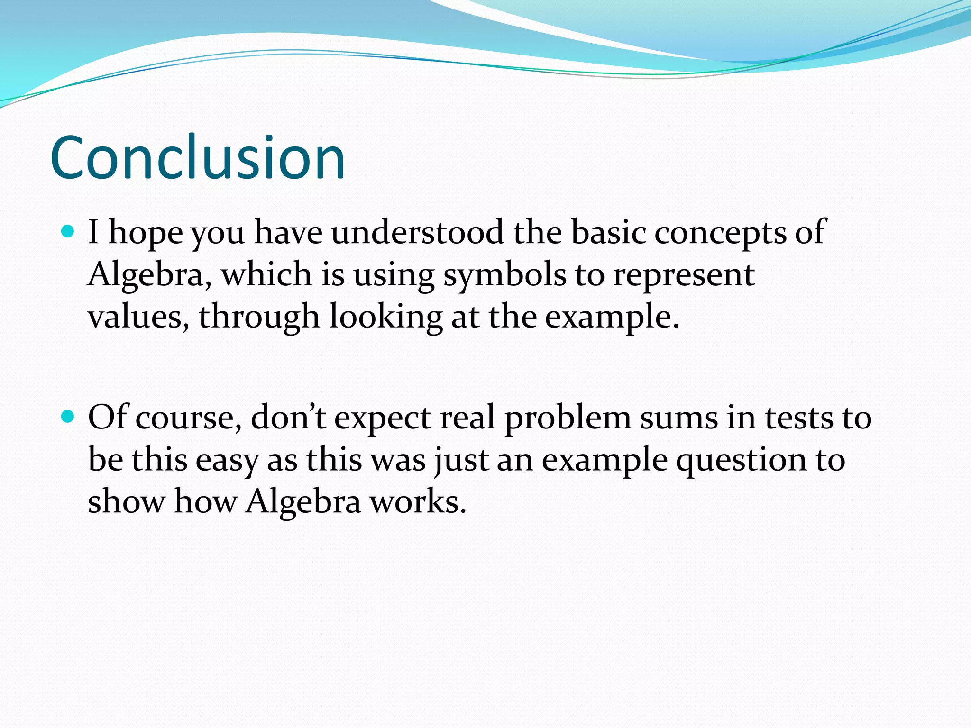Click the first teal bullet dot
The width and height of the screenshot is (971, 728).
pyautogui.click(x=69, y=232)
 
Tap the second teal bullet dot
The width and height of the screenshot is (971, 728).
pyautogui.click(x=69, y=417)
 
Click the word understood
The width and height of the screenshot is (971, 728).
pyautogui.click(x=417, y=232)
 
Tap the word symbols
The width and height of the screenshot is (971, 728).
pyautogui.click(x=504, y=275)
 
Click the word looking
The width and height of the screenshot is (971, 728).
pyautogui.click(x=386, y=318)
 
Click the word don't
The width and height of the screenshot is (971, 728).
pyautogui.click(x=288, y=417)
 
